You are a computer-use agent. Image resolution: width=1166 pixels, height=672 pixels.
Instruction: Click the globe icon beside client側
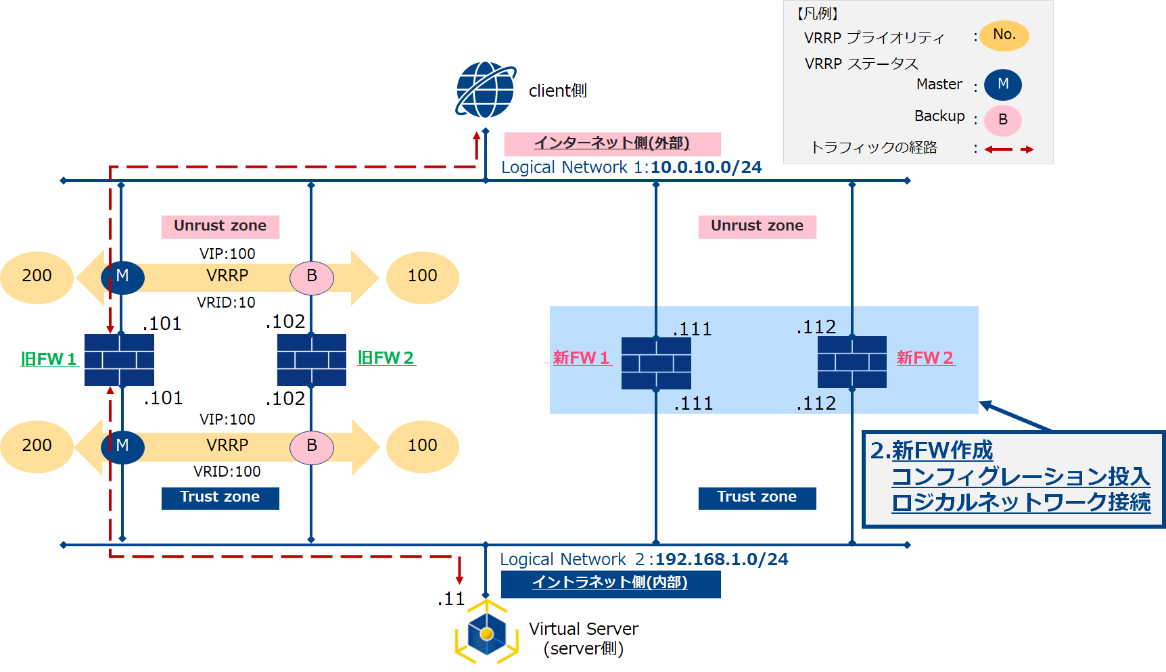click(x=486, y=90)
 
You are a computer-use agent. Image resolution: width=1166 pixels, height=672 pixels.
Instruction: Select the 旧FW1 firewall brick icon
click(x=119, y=360)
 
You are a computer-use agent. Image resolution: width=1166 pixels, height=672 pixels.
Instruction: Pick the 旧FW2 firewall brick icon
click(x=312, y=360)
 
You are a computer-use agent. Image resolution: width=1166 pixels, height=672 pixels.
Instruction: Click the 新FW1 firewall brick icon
click(x=656, y=363)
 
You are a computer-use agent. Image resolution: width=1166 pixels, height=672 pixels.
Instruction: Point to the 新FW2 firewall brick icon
click(x=852, y=362)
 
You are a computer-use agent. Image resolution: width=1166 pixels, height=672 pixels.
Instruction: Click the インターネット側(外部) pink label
click(x=612, y=143)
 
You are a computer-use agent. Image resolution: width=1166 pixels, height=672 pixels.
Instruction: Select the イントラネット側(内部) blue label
click(x=610, y=583)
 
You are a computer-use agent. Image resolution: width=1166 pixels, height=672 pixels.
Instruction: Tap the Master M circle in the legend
click(x=1002, y=85)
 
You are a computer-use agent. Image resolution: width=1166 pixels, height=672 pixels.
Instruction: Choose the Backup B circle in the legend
click(x=1002, y=120)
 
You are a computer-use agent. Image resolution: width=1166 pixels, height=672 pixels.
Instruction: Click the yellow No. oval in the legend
click(x=1004, y=35)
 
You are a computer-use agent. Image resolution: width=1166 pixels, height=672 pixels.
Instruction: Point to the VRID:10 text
click(x=226, y=303)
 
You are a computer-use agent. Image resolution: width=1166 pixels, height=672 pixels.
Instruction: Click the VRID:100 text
click(x=227, y=471)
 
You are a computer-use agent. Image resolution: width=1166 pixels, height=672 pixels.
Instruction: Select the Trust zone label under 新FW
click(x=757, y=498)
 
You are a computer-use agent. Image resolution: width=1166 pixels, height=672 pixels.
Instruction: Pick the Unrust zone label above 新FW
click(x=757, y=226)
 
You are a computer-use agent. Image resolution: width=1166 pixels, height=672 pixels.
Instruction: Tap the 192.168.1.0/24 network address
click(x=722, y=560)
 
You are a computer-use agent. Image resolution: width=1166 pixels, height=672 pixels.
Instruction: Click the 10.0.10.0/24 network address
click(x=706, y=168)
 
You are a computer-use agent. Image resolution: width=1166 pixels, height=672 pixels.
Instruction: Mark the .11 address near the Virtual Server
click(x=451, y=599)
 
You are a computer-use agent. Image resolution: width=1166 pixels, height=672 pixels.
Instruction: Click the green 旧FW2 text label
click(x=386, y=358)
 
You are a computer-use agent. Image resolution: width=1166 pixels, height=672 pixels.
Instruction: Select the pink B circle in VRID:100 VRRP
click(x=312, y=446)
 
